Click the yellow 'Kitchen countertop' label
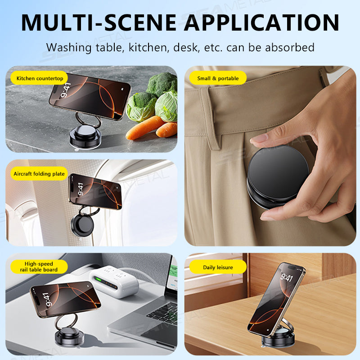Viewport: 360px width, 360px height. point(39,78)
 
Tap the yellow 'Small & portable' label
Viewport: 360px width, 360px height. point(218,78)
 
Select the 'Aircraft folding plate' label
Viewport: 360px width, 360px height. point(39,174)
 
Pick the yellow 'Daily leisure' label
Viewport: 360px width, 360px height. point(218,267)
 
